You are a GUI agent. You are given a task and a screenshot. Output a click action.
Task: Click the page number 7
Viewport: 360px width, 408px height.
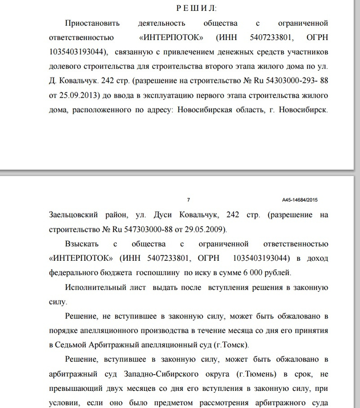[189, 199]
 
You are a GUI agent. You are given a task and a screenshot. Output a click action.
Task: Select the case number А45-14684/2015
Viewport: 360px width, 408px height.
[300, 199]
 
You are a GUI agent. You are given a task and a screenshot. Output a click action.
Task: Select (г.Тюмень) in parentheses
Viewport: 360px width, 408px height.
[255, 374]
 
